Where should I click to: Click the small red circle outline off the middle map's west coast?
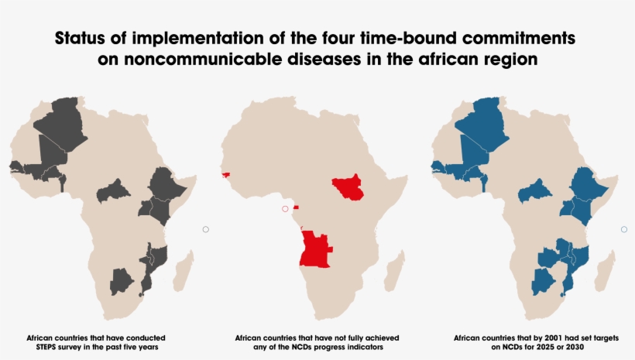tap(285, 209)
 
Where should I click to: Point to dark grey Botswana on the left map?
tap(122, 280)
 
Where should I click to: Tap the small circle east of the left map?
tap(206, 229)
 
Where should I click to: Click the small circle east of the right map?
tap(624, 229)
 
